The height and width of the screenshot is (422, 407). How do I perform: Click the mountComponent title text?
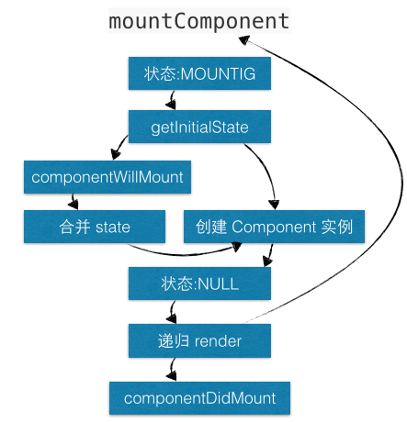[x=198, y=20]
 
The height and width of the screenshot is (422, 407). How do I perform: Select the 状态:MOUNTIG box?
[x=199, y=74]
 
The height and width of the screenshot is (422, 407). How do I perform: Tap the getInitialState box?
[x=199, y=127]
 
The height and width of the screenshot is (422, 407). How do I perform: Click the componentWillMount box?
[x=107, y=176]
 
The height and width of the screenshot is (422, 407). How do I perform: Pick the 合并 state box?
[x=95, y=226]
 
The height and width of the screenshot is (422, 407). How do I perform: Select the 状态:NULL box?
[x=199, y=283]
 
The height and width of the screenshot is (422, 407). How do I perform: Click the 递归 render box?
[x=199, y=341]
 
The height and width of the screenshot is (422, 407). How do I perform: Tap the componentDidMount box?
[x=199, y=398]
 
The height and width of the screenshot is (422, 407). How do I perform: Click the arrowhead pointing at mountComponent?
[x=247, y=40]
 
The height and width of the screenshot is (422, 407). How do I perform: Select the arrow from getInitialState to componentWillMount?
[x=119, y=148]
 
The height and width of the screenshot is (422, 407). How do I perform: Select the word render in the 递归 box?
[x=218, y=341]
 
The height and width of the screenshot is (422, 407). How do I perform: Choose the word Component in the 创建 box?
[x=275, y=226]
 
